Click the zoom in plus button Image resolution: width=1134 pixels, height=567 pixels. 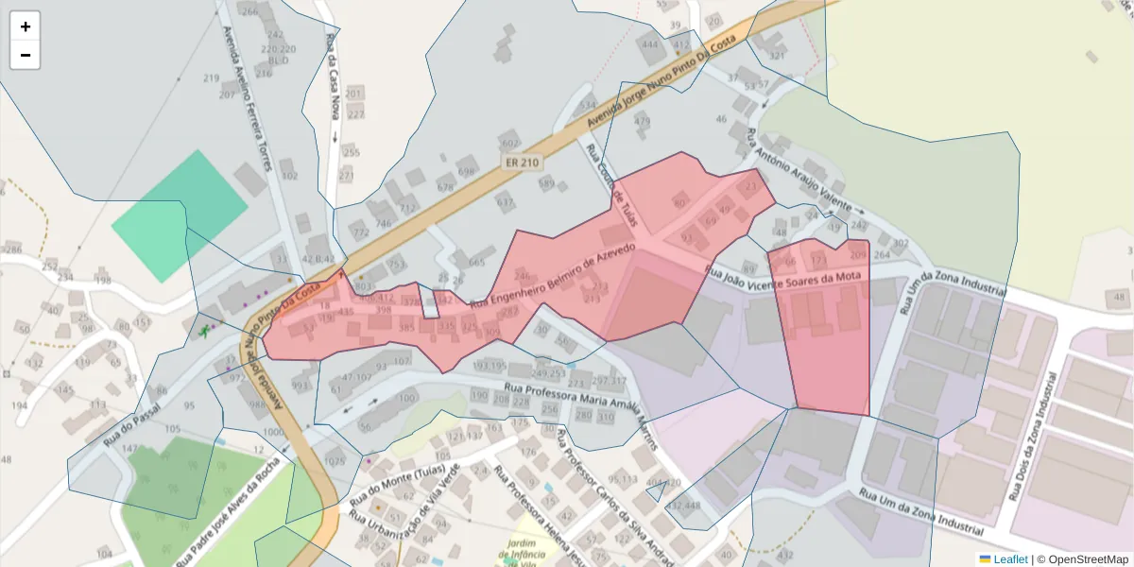26,26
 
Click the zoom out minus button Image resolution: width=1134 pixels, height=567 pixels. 26,55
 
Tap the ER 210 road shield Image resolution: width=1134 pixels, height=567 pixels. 522,163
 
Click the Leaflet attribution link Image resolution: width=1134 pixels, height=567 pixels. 1009,559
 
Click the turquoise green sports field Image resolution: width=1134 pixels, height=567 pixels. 179,215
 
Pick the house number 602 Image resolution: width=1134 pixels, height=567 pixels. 510,143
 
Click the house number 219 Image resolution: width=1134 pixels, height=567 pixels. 211,77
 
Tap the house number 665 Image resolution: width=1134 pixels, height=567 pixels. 476,262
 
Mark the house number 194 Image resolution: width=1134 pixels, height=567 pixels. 19,404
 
